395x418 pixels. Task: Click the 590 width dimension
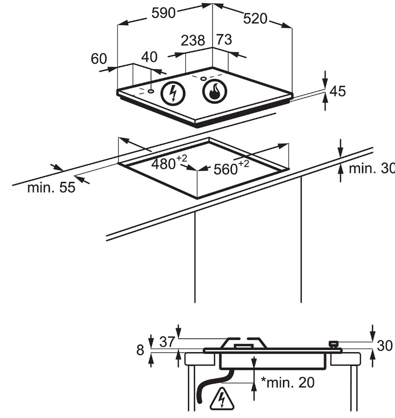pos(163,14)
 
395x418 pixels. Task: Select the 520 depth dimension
pos(255,18)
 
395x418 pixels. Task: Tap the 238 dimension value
pos(192,41)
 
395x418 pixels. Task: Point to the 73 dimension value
pos(224,40)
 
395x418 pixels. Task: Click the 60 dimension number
pos(99,59)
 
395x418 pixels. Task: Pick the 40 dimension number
pos(149,57)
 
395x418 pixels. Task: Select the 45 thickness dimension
pos(337,91)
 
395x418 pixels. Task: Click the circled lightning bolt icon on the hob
pos(172,94)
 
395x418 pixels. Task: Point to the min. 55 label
pos(51,188)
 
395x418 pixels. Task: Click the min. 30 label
pos(370,169)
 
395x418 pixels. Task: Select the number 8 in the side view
pos(140,350)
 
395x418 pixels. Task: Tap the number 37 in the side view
pos(167,341)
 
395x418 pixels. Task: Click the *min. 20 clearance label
pos(287,383)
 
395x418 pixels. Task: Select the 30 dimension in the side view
pos(385,346)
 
